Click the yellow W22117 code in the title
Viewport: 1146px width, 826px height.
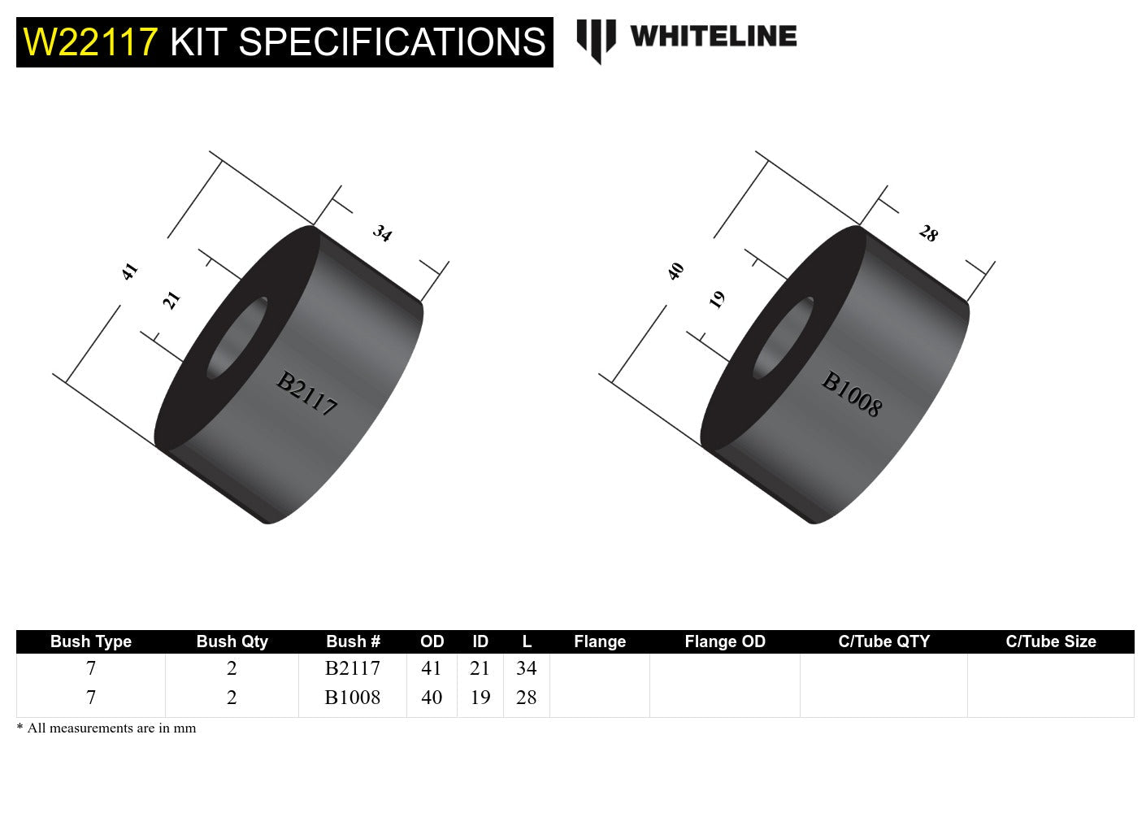[90, 42]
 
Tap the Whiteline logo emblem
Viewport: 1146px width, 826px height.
[596, 41]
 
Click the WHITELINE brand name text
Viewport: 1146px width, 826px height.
[713, 37]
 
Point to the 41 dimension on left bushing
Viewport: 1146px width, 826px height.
[129, 271]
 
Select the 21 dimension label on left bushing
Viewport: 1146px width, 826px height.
[171, 300]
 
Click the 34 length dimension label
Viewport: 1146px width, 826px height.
[382, 234]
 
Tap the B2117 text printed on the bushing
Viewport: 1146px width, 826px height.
[306, 393]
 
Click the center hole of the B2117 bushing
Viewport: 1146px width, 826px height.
[237, 337]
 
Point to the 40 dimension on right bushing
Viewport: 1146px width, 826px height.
[675, 271]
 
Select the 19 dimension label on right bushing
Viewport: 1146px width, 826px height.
[717, 300]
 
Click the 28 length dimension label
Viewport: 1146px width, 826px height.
[928, 234]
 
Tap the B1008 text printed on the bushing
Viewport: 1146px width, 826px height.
[851, 393]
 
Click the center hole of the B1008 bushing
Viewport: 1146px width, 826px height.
[784, 337]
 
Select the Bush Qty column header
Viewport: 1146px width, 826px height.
[232, 641]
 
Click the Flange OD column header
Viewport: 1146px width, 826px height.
[725, 641]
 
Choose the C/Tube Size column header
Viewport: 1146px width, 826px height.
[1050, 641]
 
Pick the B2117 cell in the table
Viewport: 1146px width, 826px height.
[352, 668]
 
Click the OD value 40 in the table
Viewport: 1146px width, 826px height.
[432, 698]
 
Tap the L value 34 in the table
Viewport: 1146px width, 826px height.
[526, 668]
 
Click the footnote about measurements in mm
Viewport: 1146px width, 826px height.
[106, 728]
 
